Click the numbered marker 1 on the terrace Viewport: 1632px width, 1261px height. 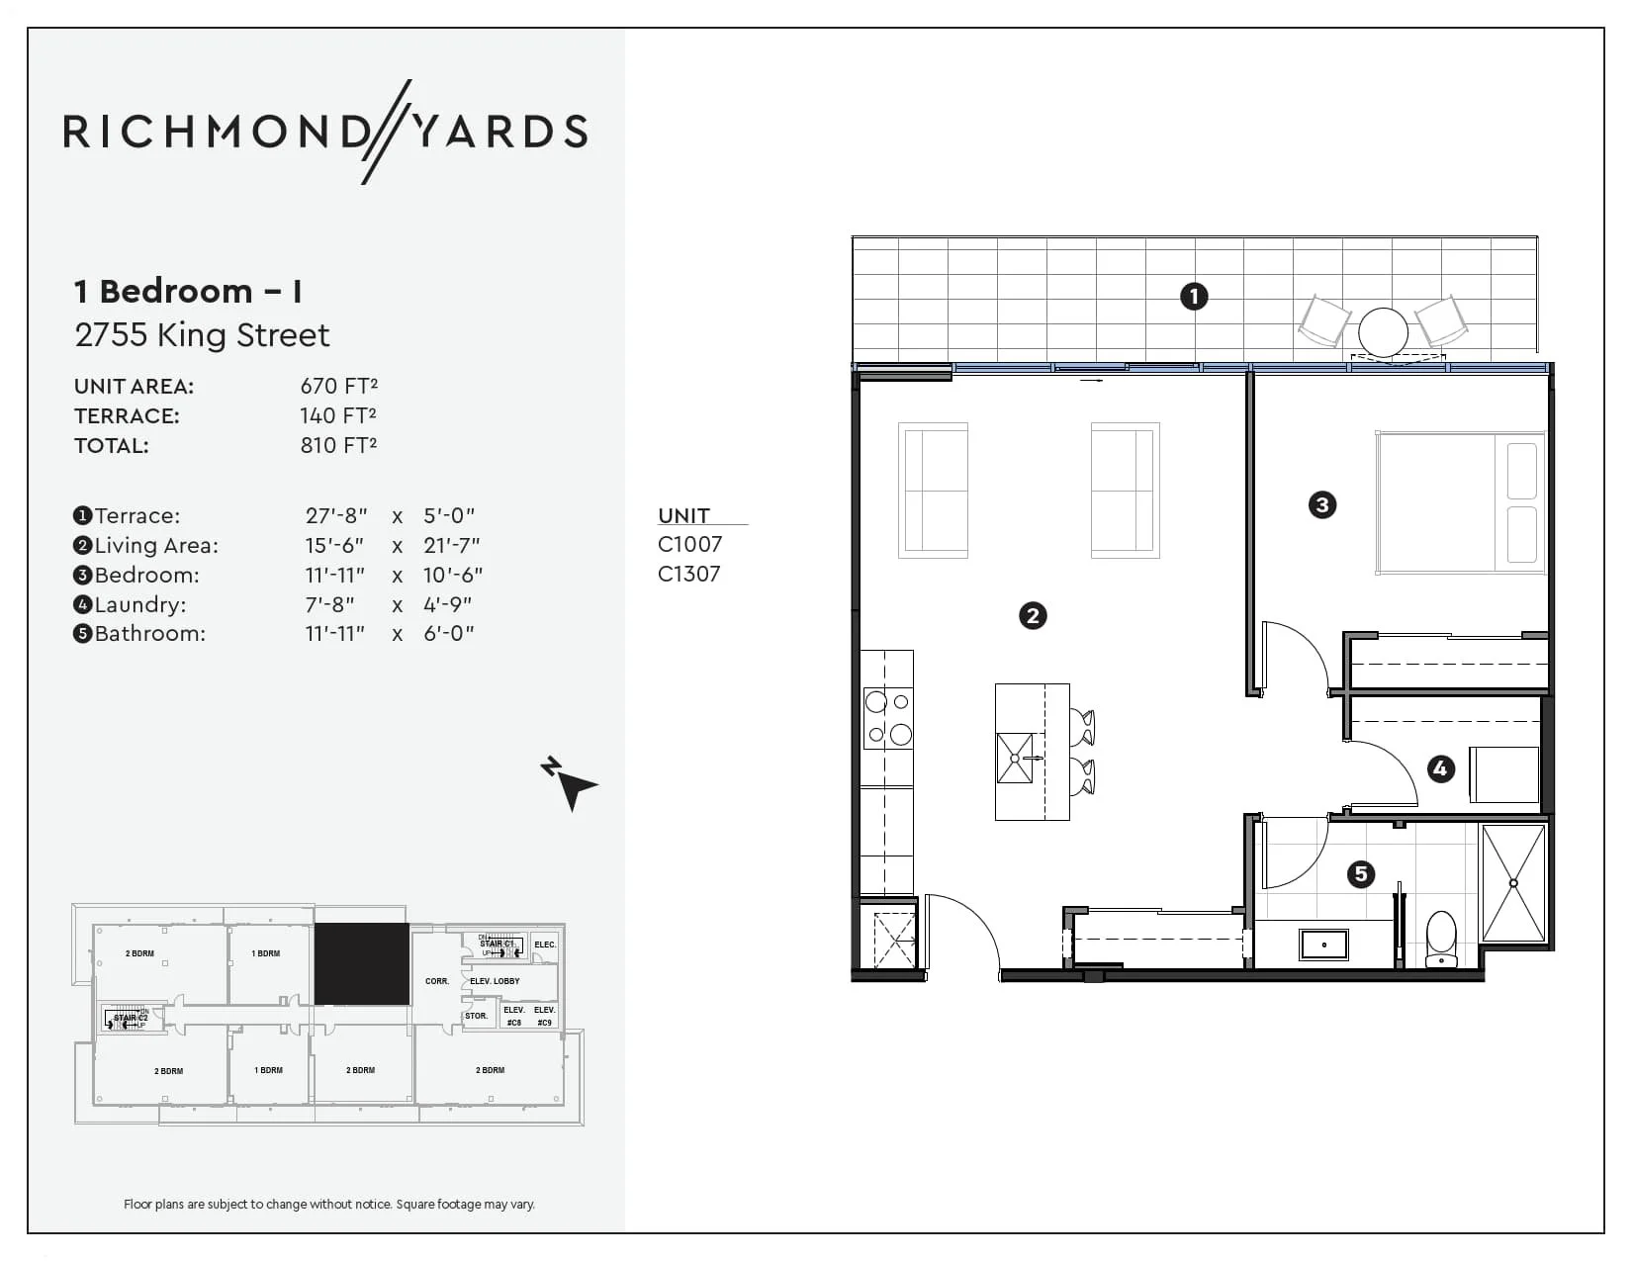pyautogui.click(x=1194, y=296)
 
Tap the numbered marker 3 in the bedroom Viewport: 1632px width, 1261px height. pyautogui.click(x=1321, y=505)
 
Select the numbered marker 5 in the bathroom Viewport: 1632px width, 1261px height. pyautogui.click(x=1361, y=873)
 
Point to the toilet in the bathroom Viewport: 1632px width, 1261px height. pyautogui.click(x=1440, y=939)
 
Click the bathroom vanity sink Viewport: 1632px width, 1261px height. pyautogui.click(x=1323, y=944)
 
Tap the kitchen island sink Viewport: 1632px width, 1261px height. pyautogui.click(x=1015, y=758)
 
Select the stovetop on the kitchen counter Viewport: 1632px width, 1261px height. pyautogui.click(x=887, y=718)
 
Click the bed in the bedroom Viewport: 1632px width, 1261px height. pyautogui.click(x=1460, y=503)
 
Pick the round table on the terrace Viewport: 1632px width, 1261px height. pyautogui.click(x=1382, y=331)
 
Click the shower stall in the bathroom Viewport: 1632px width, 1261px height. pyautogui.click(x=1513, y=882)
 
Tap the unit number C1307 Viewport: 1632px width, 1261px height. pyautogui.click(x=689, y=574)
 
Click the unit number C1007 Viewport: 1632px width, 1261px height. pyautogui.click(x=689, y=544)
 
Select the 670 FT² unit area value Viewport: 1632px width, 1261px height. pyautogui.click(x=338, y=386)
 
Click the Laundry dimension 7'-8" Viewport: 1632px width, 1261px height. pyautogui.click(x=329, y=604)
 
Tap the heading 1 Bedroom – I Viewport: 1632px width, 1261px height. pyautogui.click(x=188, y=291)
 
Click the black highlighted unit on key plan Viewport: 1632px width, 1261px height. pyautogui.click(x=362, y=963)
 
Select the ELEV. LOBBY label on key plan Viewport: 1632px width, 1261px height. pyautogui.click(x=495, y=981)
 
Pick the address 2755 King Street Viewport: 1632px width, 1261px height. pyautogui.click(x=202, y=335)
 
